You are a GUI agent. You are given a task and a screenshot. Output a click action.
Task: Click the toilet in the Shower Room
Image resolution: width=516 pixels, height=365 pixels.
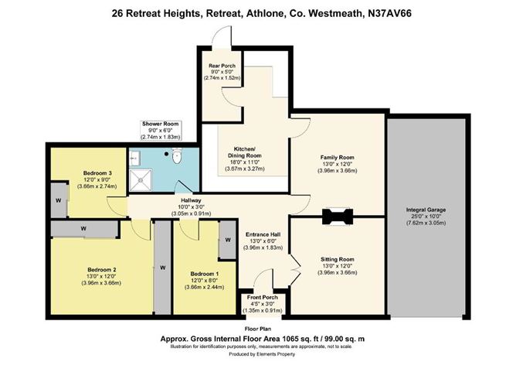[x=178, y=159]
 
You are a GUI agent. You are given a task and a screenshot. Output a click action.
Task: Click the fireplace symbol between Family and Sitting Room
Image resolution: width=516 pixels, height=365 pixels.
[x=338, y=217]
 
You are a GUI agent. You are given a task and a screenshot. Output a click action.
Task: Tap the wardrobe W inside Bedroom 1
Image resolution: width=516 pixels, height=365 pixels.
[x=229, y=240]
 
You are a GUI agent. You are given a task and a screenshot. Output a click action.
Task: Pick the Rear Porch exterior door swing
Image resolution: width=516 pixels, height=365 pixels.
[x=222, y=35]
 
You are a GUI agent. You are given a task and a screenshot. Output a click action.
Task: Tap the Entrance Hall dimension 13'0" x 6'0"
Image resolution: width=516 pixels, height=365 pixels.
[x=264, y=240]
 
